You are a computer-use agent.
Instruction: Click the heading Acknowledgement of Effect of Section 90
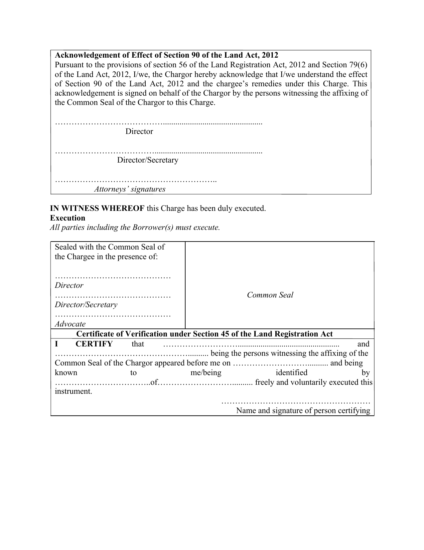coord(166,55)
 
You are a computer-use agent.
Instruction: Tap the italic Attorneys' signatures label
coord(130,189)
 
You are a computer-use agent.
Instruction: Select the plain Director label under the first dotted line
coord(139,131)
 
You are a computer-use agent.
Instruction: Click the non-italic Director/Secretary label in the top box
coord(148,160)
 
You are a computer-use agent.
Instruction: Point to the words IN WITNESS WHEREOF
coord(97,209)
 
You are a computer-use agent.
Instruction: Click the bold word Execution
coord(68,218)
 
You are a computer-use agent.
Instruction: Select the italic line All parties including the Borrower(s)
coord(135,228)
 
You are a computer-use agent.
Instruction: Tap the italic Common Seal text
coord(270,295)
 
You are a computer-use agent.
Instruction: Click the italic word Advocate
coord(70,324)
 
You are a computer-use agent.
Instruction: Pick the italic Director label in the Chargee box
coord(69,285)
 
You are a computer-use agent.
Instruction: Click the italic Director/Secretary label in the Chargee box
coord(86,304)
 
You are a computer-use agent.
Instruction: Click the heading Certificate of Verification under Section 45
coord(205,334)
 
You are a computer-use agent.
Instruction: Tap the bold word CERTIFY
coord(94,344)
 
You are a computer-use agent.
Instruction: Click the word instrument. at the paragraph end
coord(73,391)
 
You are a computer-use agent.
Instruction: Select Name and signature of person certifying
coord(303,410)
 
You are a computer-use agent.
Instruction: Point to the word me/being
coord(206,372)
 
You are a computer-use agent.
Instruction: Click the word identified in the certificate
coord(291,372)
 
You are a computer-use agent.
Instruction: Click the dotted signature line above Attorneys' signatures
coord(136,181)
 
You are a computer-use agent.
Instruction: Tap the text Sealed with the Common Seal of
coord(110,247)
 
